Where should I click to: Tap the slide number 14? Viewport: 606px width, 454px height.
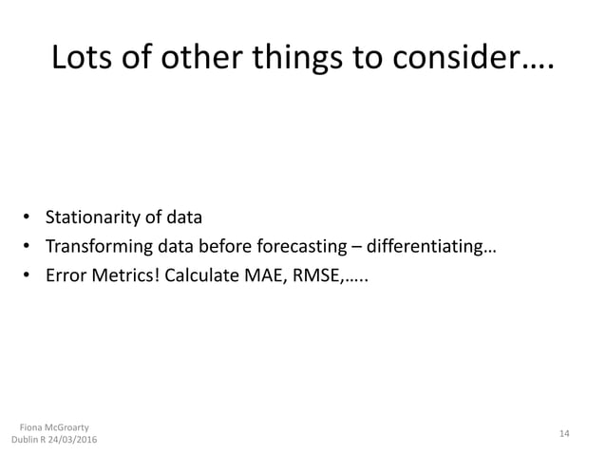[x=564, y=433]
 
